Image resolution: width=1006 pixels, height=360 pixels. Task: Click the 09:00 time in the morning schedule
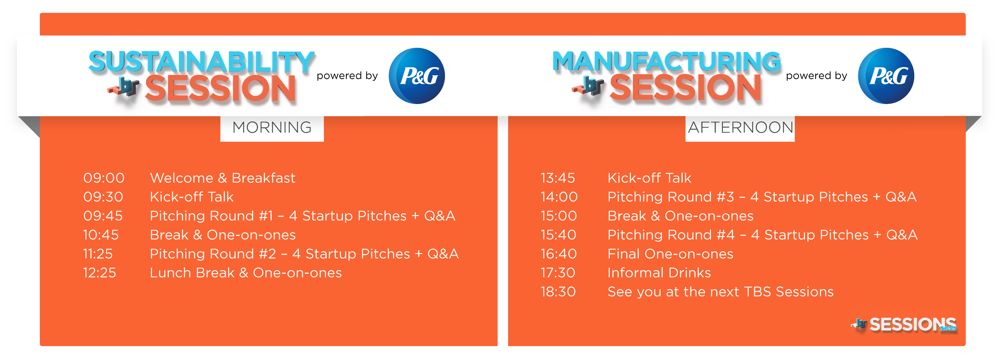[104, 178]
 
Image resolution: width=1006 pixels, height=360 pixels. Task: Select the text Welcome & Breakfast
[222, 178]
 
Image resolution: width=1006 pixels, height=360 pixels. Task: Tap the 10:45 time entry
[101, 235]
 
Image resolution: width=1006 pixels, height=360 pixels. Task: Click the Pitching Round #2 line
[304, 254]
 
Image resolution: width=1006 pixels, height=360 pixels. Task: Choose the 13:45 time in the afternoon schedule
[558, 178]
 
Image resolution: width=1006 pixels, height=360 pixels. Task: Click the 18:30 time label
[558, 292]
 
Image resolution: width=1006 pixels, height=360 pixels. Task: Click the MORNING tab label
[272, 128]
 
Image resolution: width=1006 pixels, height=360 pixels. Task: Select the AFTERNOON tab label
[741, 128]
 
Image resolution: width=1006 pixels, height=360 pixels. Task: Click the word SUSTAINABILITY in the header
[202, 62]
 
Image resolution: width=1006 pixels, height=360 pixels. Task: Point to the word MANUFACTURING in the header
[667, 61]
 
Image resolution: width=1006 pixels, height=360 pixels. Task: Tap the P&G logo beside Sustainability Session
[417, 76]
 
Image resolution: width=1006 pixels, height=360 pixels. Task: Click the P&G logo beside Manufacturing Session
[886, 76]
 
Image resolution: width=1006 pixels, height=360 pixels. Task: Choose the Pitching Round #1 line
[303, 216]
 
